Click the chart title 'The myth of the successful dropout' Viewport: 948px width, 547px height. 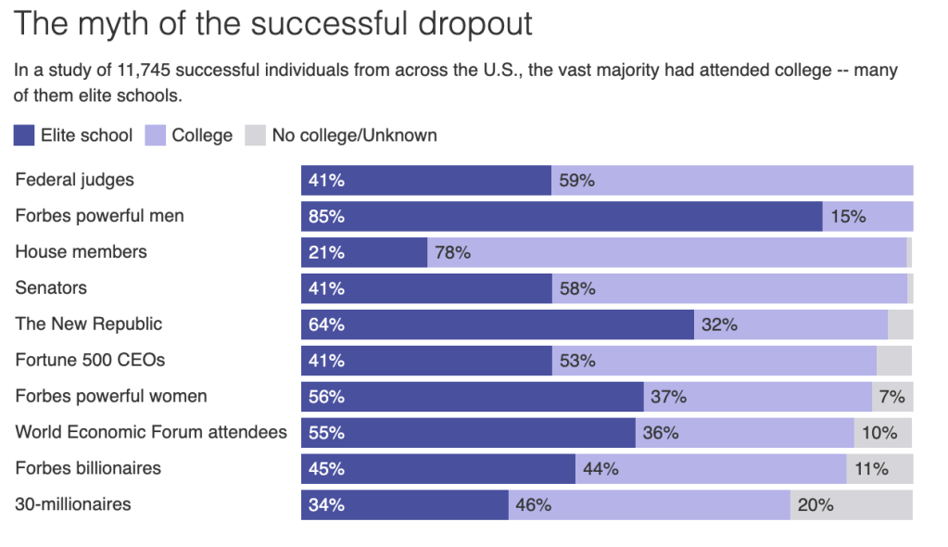click(x=273, y=24)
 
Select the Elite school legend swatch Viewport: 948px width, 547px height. click(x=24, y=135)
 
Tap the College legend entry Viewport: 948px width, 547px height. click(x=189, y=135)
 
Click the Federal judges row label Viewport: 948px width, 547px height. click(x=74, y=180)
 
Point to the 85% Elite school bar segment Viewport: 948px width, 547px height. click(x=562, y=216)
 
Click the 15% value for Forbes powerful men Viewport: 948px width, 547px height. click(x=848, y=216)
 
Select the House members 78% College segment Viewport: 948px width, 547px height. click(x=666, y=252)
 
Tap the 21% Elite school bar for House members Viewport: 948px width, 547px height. click(x=364, y=252)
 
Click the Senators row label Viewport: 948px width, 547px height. click(x=51, y=288)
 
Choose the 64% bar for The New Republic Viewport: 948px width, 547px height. click(x=498, y=324)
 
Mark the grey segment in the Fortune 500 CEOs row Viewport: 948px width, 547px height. click(x=894, y=361)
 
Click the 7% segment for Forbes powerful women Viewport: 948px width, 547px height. click(x=892, y=397)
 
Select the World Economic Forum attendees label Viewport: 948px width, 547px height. click(x=151, y=433)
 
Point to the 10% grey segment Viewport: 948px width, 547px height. click(x=883, y=433)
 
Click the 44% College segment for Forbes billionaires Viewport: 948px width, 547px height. click(x=711, y=469)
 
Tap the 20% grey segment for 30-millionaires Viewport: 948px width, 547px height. click(x=852, y=505)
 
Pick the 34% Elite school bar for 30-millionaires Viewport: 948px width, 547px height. click(x=405, y=505)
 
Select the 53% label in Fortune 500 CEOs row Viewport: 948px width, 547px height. click(x=576, y=361)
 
